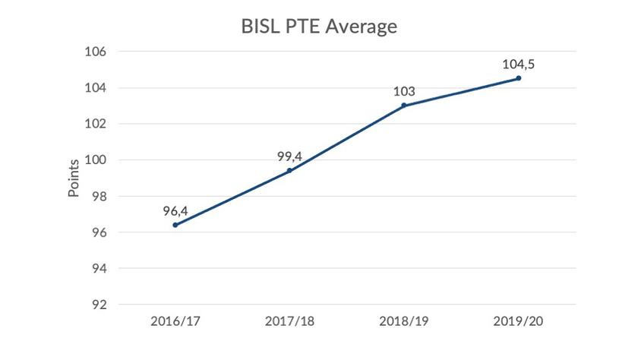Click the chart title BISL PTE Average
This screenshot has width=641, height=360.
pyautogui.click(x=320, y=27)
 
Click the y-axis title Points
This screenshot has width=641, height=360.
pyautogui.click(x=74, y=178)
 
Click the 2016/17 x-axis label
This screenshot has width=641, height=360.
pyautogui.click(x=175, y=321)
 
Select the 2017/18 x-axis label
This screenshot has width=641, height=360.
pyautogui.click(x=289, y=321)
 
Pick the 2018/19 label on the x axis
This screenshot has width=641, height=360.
pyautogui.click(x=404, y=321)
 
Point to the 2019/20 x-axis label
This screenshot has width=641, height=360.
pyautogui.click(x=519, y=321)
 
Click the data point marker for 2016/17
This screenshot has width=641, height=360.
pyautogui.click(x=175, y=225)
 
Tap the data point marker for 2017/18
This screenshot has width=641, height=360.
pyautogui.click(x=289, y=171)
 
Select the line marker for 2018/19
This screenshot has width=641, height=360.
pyautogui.click(x=404, y=106)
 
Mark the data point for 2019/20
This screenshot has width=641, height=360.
pyautogui.click(x=519, y=78)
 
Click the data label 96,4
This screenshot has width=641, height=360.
pyautogui.click(x=175, y=210)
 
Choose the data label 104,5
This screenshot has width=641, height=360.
pyautogui.click(x=519, y=64)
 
